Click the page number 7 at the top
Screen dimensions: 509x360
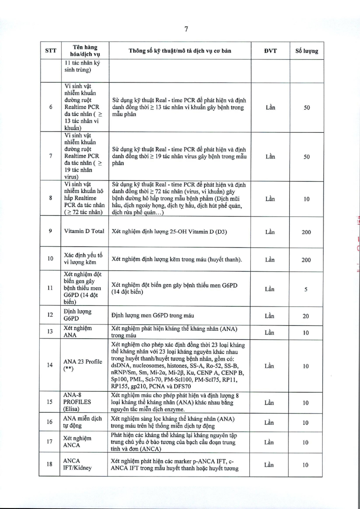[x=186, y=30]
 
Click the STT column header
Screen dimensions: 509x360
[x=50, y=51]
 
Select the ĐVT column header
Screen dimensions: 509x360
[x=270, y=51]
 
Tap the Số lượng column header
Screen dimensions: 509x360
[x=306, y=51]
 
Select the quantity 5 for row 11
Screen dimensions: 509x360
[x=306, y=290]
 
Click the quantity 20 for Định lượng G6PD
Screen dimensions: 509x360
[x=306, y=316]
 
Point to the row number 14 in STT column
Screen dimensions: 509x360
[x=50, y=365]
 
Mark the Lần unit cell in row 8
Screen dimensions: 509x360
[x=270, y=199]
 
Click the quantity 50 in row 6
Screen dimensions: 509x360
[x=306, y=108]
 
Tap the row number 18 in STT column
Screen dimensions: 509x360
[x=50, y=464]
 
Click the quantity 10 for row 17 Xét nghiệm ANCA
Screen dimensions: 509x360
[x=306, y=442]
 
